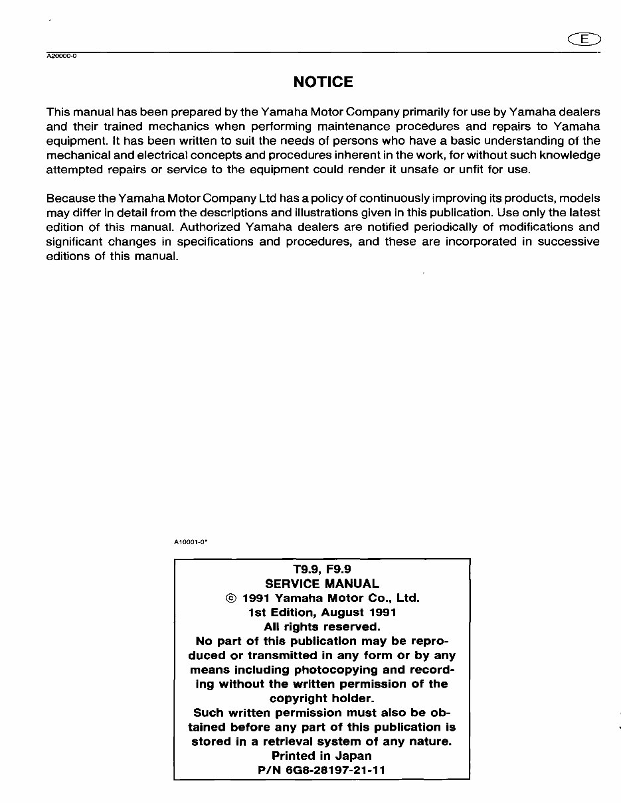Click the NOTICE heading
323,82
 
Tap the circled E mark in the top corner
584,39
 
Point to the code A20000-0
61,56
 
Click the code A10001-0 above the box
191,542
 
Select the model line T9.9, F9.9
322,569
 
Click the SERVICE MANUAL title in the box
322,584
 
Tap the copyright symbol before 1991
231,599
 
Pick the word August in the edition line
343,613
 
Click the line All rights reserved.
322,626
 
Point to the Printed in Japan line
322,756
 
